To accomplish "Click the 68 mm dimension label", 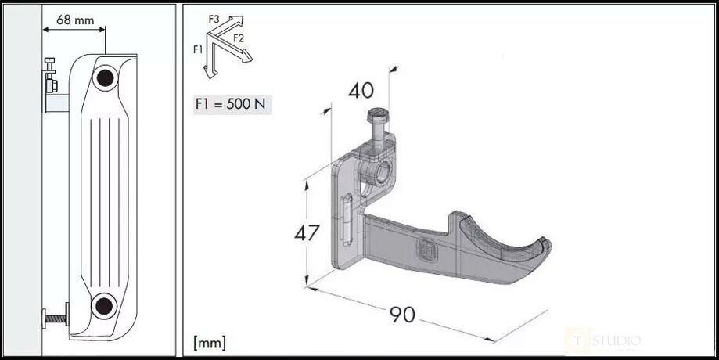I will pos(75,20).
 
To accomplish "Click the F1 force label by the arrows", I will pos(200,49).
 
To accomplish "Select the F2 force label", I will pos(239,38).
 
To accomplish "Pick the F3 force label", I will pos(215,17).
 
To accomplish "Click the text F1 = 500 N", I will pos(233,104).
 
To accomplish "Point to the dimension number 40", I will pos(361,91).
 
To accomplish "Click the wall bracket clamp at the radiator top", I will pos(52,78).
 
